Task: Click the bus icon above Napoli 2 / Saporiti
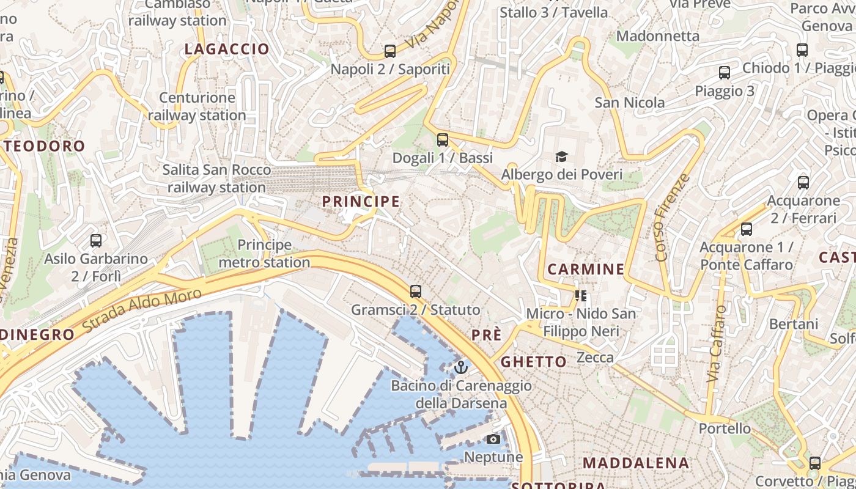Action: pyautogui.click(x=390, y=51)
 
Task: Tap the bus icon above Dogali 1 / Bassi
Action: pyautogui.click(x=443, y=140)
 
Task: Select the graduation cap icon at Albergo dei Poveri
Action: pyautogui.click(x=561, y=157)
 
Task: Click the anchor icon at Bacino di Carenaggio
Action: pyautogui.click(x=461, y=367)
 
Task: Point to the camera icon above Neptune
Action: pyautogui.click(x=493, y=439)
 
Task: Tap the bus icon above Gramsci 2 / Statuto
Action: pyautogui.click(x=416, y=291)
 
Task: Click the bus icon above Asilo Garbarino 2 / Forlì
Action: pyautogui.click(x=96, y=240)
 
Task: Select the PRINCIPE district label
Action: pyautogui.click(x=361, y=201)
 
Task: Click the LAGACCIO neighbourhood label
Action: pyautogui.click(x=227, y=49)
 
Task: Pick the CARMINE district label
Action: pyautogui.click(x=586, y=269)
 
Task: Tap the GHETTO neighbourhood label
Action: pyautogui.click(x=534, y=362)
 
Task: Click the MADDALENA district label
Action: pyautogui.click(x=636, y=463)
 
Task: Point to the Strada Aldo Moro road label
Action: pyautogui.click(x=142, y=311)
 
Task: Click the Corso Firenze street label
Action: pyautogui.click(x=671, y=218)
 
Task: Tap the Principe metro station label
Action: pyautogui.click(x=264, y=254)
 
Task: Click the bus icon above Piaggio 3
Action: pyautogui.click(x=725, y=73)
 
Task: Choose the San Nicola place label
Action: pyautogui.click(x=630, y=102)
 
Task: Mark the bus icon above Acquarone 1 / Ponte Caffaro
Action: pyautogui.click(x=746, y=229)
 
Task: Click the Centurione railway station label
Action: pyautogui.click(x=197, y=106)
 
